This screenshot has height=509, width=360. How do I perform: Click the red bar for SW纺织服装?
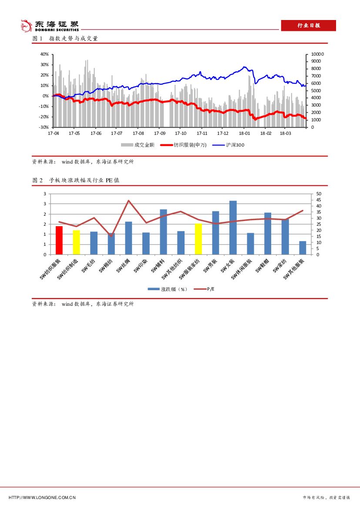tap(59, 240)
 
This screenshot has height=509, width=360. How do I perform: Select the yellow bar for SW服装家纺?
tap(199, 239)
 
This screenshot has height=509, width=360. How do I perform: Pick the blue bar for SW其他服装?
tap(303, 248)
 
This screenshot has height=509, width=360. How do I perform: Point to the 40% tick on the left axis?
tap(44, 54)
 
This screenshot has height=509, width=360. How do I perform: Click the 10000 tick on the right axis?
tap(318, 54)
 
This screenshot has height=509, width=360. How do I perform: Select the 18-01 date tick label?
tap(244, 134)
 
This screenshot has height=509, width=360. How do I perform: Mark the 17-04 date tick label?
tap(53, 134)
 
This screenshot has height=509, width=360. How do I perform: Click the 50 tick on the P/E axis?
tap(319, 194)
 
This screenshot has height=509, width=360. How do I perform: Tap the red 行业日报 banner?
tap(308, 26)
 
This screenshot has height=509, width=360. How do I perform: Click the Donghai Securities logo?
tap(50, 26)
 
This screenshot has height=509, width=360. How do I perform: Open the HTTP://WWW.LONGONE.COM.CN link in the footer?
tap(42, 497)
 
